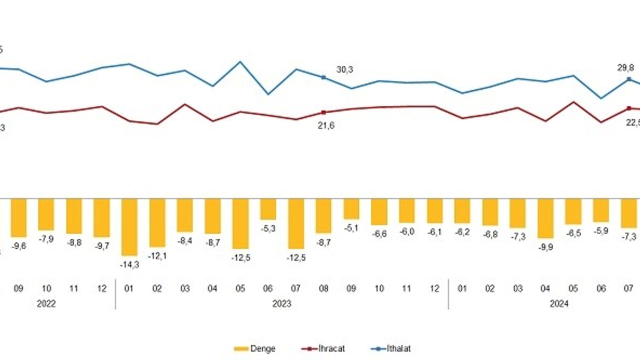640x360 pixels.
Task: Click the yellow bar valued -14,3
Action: (x=129, y=227)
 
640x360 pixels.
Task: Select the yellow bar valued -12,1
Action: (x=157, y=222)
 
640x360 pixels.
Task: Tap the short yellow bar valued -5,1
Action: (x=351, y=208)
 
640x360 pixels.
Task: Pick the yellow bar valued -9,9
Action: (x=545, y=218)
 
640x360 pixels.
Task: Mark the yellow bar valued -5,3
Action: (x=268, y=209)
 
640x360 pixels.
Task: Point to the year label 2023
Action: (x=282, y=303)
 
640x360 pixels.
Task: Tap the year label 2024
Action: (x=559, y=303)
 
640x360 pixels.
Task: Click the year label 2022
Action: (x=46, y=303)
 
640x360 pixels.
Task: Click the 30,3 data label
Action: (x=344, y=69)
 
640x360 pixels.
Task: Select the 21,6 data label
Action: (x=326, y=125)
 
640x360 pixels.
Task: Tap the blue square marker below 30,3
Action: (x=323, y=77)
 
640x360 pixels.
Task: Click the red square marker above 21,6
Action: (x=323, y=112)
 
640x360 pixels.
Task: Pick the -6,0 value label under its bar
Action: (x=406, y=232)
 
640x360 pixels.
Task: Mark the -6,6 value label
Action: (x=379, y=234)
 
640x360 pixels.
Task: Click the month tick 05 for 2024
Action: (x=573, y=289)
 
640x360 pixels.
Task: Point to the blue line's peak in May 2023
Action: (x=240, y=62)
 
